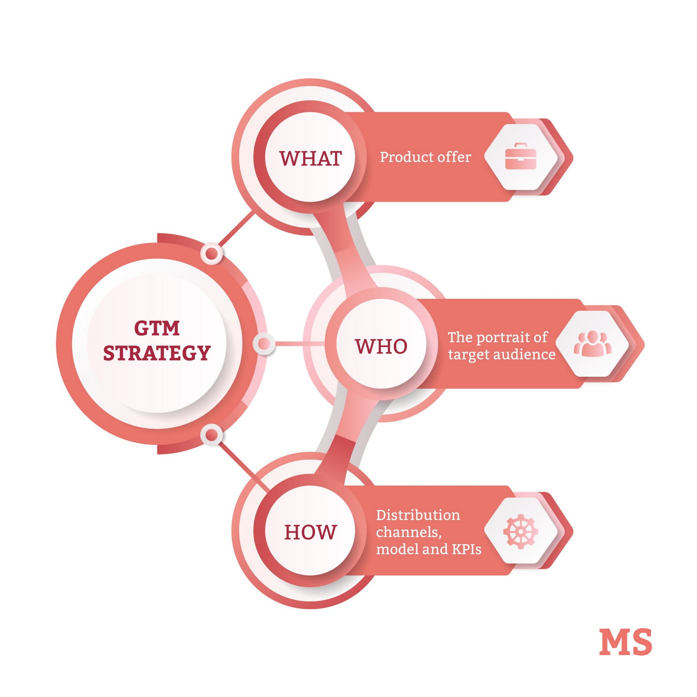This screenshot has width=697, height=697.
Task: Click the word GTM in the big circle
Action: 157,328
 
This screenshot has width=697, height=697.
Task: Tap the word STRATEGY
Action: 157,353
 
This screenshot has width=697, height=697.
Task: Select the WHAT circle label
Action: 310,158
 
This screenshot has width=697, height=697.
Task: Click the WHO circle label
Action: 381,346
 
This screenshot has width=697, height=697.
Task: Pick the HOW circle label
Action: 310,532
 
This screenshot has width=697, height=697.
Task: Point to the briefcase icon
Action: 520,156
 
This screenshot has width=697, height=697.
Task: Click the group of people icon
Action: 592,344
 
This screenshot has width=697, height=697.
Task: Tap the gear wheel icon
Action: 520,531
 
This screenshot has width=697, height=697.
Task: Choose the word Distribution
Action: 418,515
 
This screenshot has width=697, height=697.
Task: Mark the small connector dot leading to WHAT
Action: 212,254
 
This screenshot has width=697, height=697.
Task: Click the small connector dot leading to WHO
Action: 264,344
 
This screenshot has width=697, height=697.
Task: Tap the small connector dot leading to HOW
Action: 212,435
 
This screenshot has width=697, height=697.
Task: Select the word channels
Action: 408,533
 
